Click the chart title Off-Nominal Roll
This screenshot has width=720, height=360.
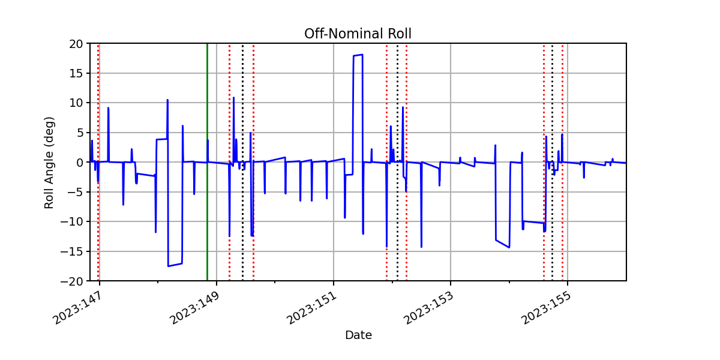coord(358,34)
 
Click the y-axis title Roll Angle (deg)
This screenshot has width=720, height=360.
coord(49,163)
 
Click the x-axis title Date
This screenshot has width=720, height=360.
coord(358,335)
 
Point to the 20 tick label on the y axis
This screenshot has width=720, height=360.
coord(76,44)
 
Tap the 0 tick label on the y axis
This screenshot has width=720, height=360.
coord(79,163)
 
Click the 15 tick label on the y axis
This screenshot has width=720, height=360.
coord(76,74)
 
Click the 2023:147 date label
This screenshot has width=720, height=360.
coord(78,308)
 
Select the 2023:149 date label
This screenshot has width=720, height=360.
coord(195,308)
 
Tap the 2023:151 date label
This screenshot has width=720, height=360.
coord(312,308)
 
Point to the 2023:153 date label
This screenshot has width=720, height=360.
coord(429,308)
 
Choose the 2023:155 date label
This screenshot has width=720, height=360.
coord(546,308)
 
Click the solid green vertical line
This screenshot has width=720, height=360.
coord(208,162)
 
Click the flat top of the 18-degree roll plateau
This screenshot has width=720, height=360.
coord(358,55)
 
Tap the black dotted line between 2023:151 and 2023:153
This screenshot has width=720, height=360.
coord(398,162)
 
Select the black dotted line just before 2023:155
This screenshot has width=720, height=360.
coord(553,162)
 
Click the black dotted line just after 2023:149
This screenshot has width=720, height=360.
coord(242,162)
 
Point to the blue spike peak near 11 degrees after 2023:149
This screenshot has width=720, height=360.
coord(233,97)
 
